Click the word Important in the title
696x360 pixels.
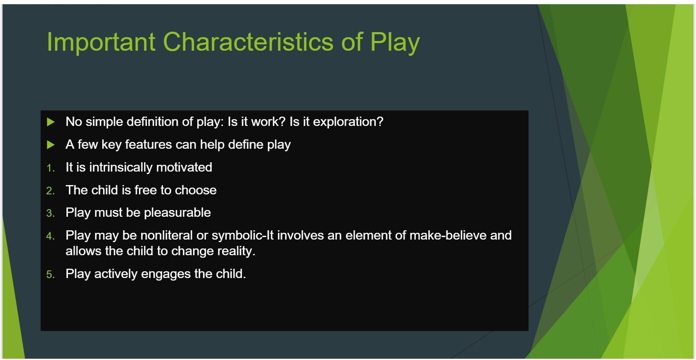tap(101, 43)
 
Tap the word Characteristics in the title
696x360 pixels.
tap(248, 42)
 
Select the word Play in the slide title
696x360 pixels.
tap(394, 43)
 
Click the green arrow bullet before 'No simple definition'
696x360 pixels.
tap(51, 122)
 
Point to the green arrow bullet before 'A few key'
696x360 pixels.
tap(51, 145)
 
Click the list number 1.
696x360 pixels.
tap(50, 168)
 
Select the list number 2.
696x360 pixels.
tap(50, 191)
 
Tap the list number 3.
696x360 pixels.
tap(50, 213)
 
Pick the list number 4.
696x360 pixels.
tap(50, 236)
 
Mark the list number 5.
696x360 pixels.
tap(50, 275)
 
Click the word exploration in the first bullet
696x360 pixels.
tap(348, 122)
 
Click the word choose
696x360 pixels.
tap(196, 190)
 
